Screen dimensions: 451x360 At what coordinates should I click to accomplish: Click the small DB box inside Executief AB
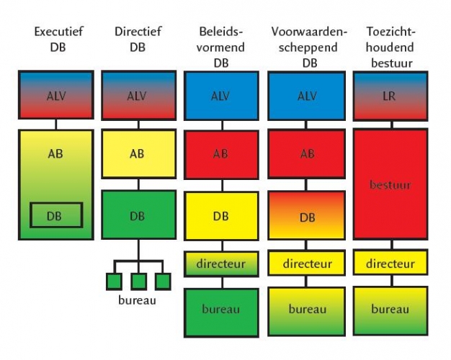pos(56,215)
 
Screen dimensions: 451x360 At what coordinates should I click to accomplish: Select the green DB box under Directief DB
pos(138,215)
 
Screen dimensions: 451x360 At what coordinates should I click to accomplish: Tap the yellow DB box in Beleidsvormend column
pos(221,216)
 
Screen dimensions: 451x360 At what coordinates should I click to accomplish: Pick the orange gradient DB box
pos(306,215)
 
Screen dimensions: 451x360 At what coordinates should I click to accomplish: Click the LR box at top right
pos(390,96)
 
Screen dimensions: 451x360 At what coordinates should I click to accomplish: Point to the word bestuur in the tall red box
pos(390,184)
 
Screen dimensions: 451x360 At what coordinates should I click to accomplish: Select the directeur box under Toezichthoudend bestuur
pos(390,263)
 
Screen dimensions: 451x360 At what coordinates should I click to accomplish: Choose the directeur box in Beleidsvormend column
pos(221,264)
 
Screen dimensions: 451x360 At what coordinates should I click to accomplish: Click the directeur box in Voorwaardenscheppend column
pos(306,263)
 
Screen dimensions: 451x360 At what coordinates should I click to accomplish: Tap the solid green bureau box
pos(221,313)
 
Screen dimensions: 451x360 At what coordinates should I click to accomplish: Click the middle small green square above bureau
pos(138,282)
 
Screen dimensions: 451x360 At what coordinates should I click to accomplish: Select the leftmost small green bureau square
pos(114,282)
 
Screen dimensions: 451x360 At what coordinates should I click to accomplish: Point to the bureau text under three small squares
pos(137,300)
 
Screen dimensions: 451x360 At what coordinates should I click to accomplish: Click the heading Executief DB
pos(58,40)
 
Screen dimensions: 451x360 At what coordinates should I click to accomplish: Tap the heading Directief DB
pos(138,40)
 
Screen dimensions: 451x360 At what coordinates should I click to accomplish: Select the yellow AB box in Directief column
pos(138,154)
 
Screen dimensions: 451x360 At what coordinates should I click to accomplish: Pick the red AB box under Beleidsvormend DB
pos(221,155)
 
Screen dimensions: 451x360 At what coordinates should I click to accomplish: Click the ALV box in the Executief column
pos(56,94)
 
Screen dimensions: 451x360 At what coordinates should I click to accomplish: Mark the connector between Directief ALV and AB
pos(138,125)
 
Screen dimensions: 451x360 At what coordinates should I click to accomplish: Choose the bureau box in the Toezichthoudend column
pos(390,311)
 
